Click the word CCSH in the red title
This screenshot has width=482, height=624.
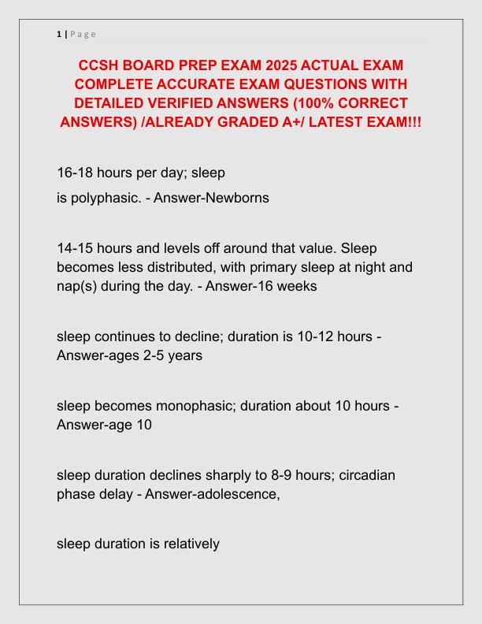pos(102,64)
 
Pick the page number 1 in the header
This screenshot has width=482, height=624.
pos(59,33)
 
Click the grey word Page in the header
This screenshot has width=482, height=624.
pos(83,33)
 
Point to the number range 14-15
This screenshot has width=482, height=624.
pos(79,248)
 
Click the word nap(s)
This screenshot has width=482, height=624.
pos(78,286)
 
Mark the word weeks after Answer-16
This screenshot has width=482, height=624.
pos(297,286)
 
